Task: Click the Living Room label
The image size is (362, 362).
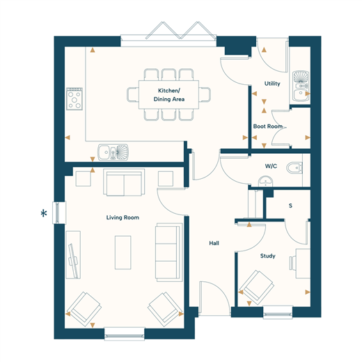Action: [x=123, y=217]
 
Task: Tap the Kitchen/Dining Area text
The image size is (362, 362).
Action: [x=169, y=95]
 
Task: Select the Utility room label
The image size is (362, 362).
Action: [x=272, y=84]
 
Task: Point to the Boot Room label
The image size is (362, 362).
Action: [x=267, y=126]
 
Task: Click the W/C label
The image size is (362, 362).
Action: [x=271, y=166]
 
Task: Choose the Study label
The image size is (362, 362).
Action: [x=267, y=255]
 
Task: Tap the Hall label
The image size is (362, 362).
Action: [x=214, y=243]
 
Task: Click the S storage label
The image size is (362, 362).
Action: [x=290, y=205]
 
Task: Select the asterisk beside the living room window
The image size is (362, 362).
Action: [x=44, y=213]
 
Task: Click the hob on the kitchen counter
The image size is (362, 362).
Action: [x=74, y=99]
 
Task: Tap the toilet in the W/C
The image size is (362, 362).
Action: [x=294, y=167]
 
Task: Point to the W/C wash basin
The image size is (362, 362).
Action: [x=265, y=181]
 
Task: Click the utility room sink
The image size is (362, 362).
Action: [x=301, y=86]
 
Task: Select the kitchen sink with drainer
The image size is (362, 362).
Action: [x=113, y=152]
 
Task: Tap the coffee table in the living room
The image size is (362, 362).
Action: [x=123, y=253]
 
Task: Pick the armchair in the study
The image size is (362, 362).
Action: [x=257, y=288]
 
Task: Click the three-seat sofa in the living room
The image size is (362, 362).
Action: [x=168, y=253]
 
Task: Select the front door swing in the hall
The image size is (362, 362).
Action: [x=214, y=299]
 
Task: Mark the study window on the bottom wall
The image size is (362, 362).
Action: [x=278, y=312]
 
